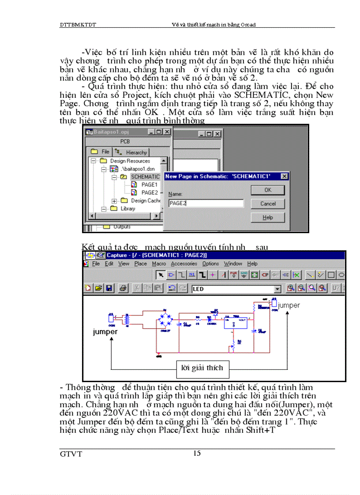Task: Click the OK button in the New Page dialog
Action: (267, 190)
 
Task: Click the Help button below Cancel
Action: (267, 217)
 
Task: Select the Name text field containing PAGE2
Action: (206, 203)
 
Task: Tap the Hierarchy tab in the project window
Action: (132, 153)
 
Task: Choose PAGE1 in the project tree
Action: (149, 185)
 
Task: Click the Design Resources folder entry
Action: (130, 161)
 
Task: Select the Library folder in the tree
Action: (128, 208)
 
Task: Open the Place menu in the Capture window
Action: (140, 264)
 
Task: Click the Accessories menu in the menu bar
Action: (184, 264)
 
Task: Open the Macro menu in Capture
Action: (158, 264)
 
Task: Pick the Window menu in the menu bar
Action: (232, 264)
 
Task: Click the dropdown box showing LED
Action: (236, 289)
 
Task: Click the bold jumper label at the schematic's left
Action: (105, 332)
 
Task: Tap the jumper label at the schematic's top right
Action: (289, 305)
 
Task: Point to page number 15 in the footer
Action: (197, 453)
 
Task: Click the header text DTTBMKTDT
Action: (78, 25)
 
